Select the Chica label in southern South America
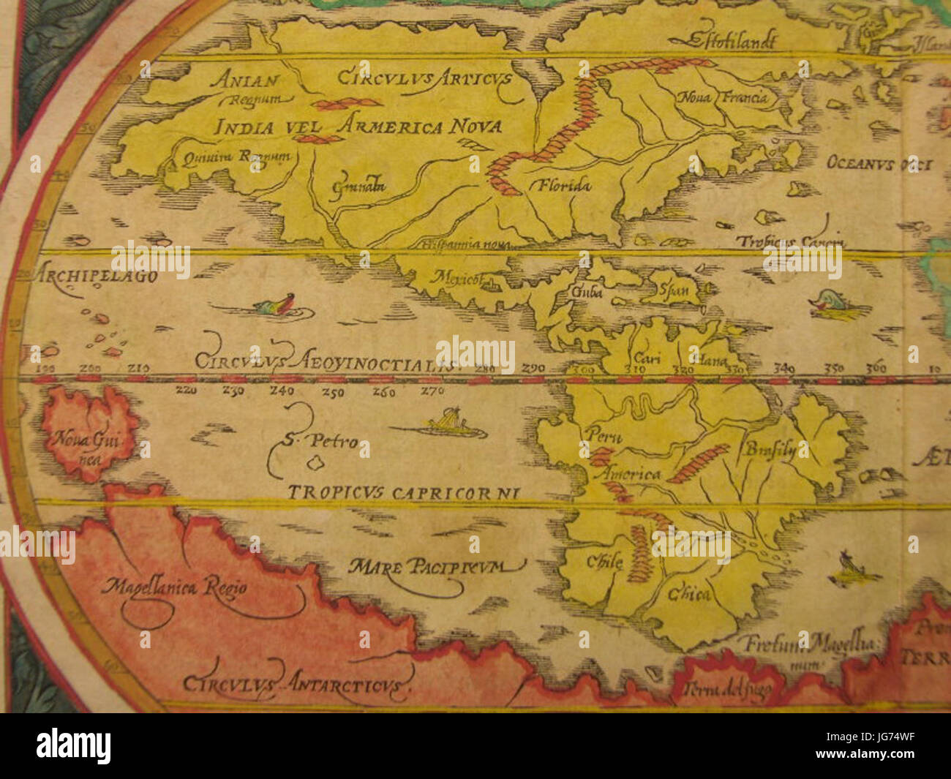[x=688, y=593]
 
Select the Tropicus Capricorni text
[x=403, y=493]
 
